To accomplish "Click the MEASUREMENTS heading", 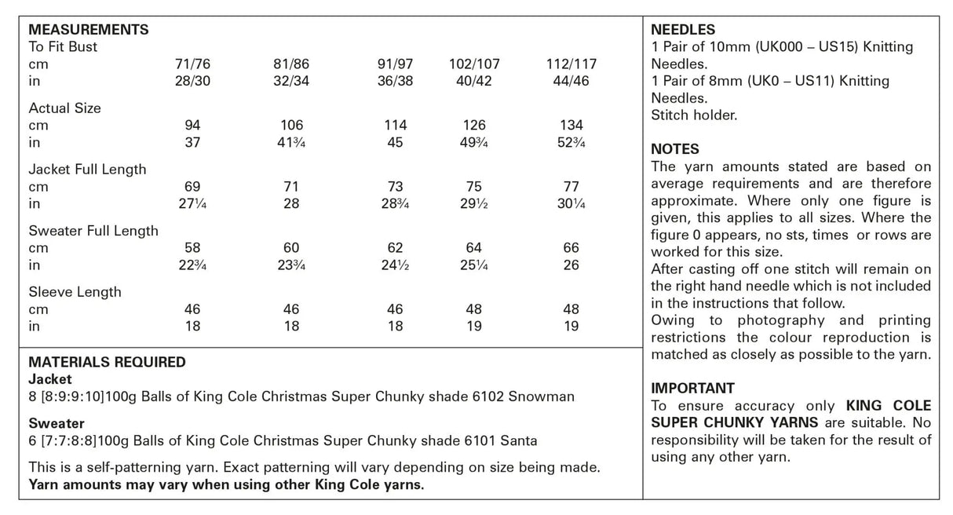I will tap(88, 30).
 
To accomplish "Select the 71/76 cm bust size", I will tap(192, 64).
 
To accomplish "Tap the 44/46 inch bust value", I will tap(571, 81).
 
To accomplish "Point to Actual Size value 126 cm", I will tap(474, 126).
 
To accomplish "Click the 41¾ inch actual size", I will tap(291, 143).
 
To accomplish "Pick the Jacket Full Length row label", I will tap(87, 170).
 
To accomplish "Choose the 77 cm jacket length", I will tap(571, 187).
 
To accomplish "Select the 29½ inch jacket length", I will tap(474, 204).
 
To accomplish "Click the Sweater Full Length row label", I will tap(93, 231).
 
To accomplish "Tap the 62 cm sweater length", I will tap(395, 248).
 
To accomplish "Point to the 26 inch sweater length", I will tap(571, 265).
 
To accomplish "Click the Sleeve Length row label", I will tap(75, 292).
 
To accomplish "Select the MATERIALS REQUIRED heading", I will tap(107, 363).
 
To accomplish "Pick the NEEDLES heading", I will tap(683, 30).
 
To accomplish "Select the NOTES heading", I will tap(675, 149).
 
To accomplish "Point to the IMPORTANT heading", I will tap(693, 389).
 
